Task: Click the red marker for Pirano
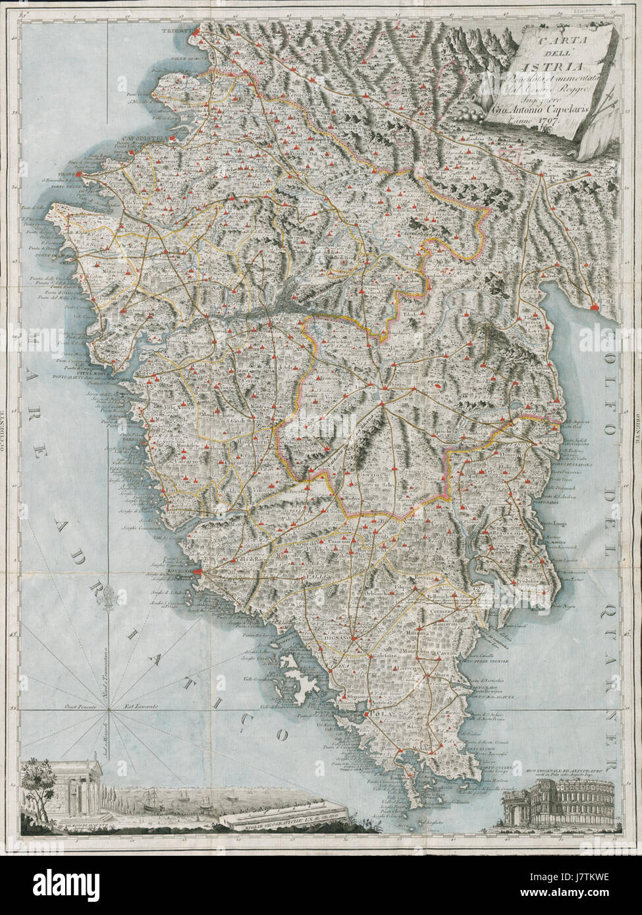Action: (79, 175)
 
